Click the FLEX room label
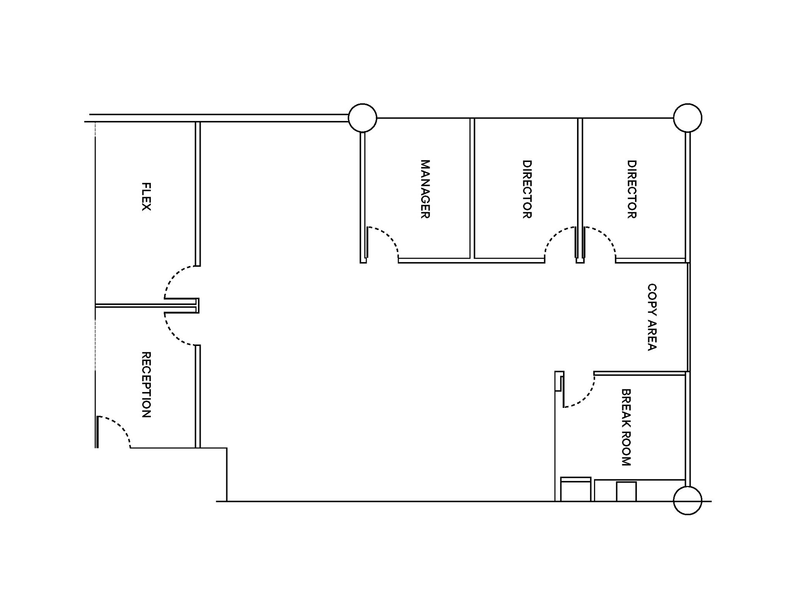146,196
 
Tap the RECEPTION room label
146,384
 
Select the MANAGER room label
425,189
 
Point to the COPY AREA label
652,317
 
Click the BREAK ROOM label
626,427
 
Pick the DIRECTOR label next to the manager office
527,189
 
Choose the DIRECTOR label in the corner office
632,189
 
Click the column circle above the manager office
362,118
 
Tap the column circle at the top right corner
687,118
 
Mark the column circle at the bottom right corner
687,500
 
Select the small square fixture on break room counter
626,491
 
